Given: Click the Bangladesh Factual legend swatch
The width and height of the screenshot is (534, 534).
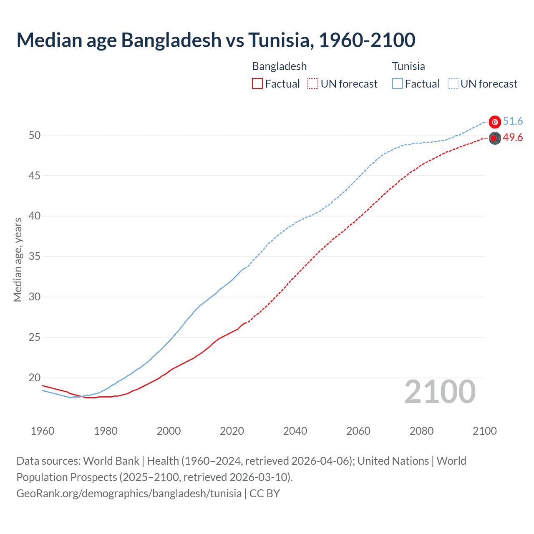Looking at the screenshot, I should click(257, 84).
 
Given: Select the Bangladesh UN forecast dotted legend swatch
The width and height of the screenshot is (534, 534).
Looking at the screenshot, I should click(313, 84).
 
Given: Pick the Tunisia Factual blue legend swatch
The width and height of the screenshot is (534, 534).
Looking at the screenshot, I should click(398, 84).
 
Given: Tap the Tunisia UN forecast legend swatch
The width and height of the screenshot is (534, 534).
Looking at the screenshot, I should click(453, 84).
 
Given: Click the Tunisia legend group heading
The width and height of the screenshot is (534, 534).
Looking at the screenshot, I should click(408, 66).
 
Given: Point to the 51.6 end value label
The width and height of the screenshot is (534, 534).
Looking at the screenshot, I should click(513, 121).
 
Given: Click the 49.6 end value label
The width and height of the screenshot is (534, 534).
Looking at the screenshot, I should click(513, 138).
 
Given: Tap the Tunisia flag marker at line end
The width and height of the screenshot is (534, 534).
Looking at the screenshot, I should click(495, 122).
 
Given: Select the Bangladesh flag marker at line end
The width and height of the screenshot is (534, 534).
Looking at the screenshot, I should click(495, 138).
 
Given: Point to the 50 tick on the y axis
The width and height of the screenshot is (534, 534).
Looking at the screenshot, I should click(35, 135).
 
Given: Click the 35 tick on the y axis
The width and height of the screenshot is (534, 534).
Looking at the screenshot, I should click(35, 256).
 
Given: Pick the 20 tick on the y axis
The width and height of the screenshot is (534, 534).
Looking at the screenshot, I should click(35, 378).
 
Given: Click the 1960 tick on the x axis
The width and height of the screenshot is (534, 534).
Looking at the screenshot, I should click(43, 431).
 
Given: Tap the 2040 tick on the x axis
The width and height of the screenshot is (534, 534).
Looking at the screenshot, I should click(295, 431).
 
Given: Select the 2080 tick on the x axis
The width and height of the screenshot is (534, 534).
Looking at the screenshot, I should click(421, 431).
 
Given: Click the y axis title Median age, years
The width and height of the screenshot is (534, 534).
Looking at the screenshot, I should click(18, 259).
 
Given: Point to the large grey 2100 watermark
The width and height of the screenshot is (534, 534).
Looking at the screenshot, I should click(440, 392).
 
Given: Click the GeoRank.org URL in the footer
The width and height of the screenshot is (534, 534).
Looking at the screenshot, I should click(129, 494).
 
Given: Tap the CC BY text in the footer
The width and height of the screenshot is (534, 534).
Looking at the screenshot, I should click(264, 494).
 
